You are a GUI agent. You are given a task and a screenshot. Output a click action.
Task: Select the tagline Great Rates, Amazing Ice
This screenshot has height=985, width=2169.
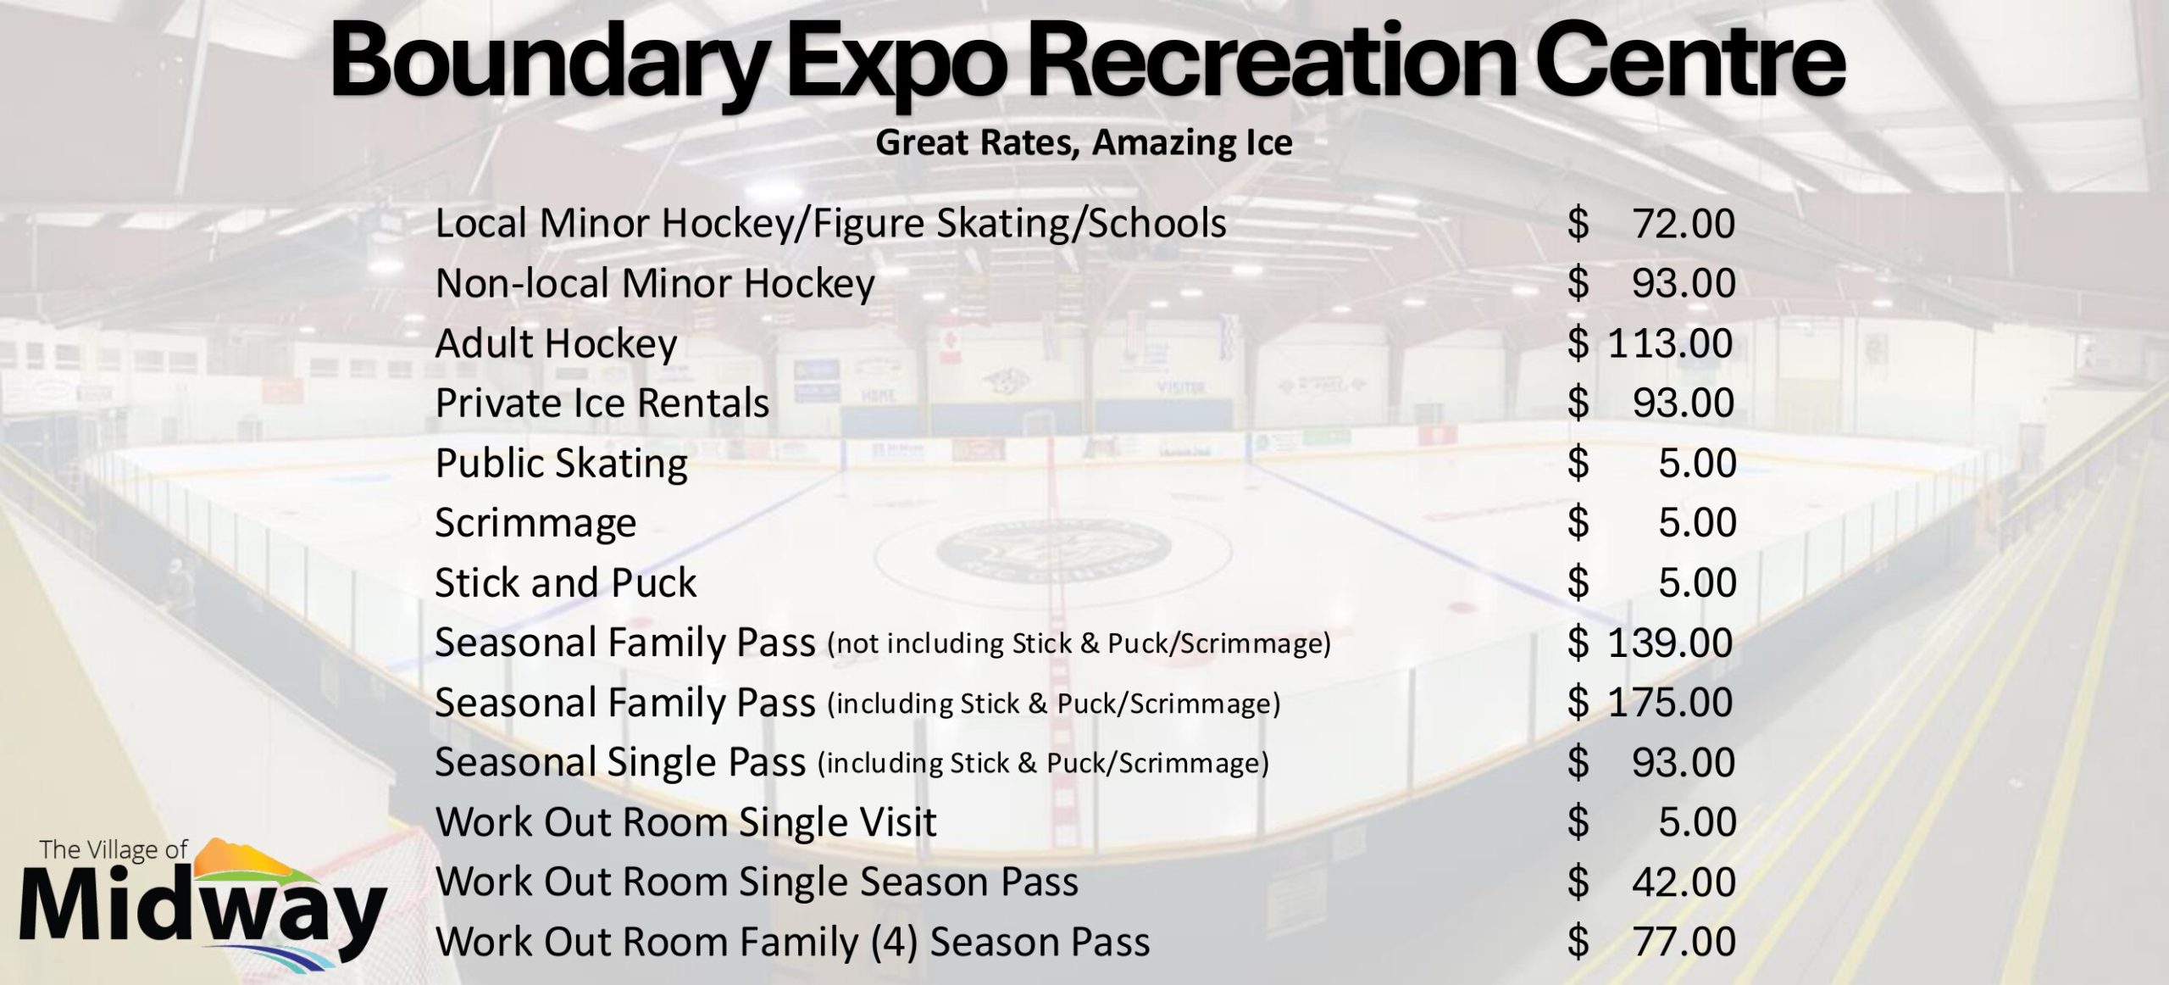[1084, 142]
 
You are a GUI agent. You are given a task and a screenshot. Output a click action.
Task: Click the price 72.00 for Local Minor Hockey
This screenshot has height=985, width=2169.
[1684, 224]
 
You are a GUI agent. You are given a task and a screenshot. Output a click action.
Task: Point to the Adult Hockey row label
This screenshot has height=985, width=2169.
[556, 344]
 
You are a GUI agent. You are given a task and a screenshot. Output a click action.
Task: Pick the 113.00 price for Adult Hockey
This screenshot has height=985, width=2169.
[1670, 343]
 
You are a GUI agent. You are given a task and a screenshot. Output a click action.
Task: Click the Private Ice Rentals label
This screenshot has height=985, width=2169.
[602, 403]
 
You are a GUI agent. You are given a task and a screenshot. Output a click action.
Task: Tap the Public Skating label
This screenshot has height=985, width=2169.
[561, 464]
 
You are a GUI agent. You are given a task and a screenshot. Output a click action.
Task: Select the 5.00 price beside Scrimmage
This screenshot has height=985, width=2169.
[1697, 522]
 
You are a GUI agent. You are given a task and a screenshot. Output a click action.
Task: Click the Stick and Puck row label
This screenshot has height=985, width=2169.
[565, 582]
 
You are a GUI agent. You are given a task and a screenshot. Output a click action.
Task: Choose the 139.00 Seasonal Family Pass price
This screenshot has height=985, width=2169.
[1670, 643]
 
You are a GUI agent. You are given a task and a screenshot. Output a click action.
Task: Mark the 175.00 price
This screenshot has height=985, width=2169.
[1670, 703]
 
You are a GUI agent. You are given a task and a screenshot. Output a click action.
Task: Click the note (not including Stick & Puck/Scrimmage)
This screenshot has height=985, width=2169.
[1079, 644]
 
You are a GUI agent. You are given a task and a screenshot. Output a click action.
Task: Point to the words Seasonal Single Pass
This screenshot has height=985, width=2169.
[620, 762]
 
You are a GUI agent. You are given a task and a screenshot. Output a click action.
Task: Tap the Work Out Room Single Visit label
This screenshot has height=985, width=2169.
[685, 822]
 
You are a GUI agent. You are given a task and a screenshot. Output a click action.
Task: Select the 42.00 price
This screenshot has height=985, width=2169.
[1684, 882]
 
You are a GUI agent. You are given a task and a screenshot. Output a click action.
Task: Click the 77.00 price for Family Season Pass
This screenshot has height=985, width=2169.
[1684, 942]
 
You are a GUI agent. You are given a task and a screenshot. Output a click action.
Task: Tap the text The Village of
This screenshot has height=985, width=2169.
[114, 849]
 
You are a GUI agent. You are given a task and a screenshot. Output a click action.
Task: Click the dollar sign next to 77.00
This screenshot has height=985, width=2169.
[1578, 942]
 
